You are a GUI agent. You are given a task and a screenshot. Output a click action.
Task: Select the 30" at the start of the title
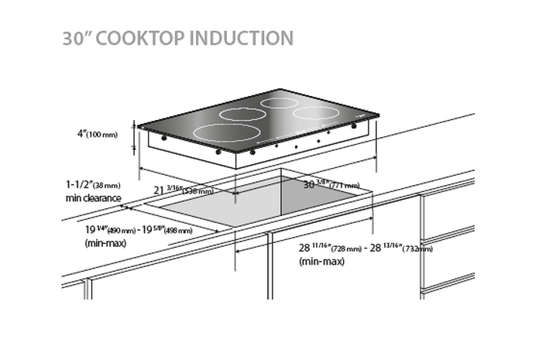78,39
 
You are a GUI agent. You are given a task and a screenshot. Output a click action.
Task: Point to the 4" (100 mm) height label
97,134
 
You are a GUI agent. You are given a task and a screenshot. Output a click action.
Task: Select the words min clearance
94,198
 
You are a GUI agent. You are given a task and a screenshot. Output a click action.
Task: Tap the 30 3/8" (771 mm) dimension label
331,185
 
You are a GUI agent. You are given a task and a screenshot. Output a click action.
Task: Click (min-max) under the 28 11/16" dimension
321,262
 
